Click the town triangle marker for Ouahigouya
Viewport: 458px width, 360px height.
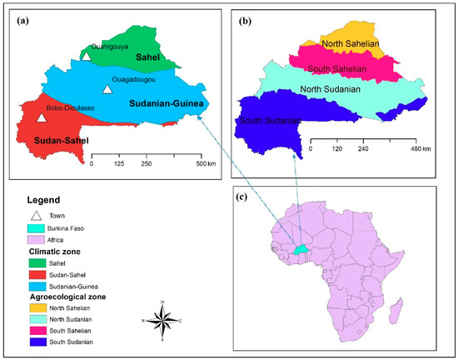point(87,56)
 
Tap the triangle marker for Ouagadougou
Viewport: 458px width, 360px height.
point(107,88)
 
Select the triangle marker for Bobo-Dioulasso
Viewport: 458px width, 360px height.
point(42,117)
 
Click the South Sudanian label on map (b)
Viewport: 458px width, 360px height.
point(269,122)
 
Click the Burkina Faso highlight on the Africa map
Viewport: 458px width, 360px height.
point(301,248)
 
